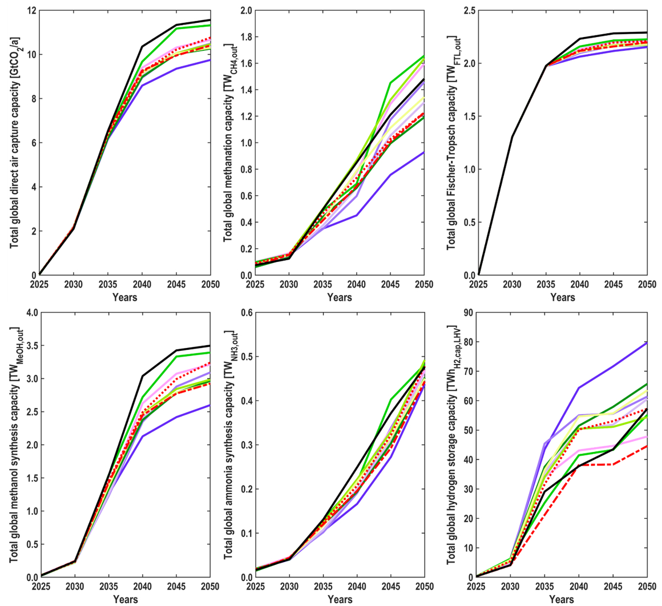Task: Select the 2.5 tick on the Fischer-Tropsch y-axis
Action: (x=468, y=11)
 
